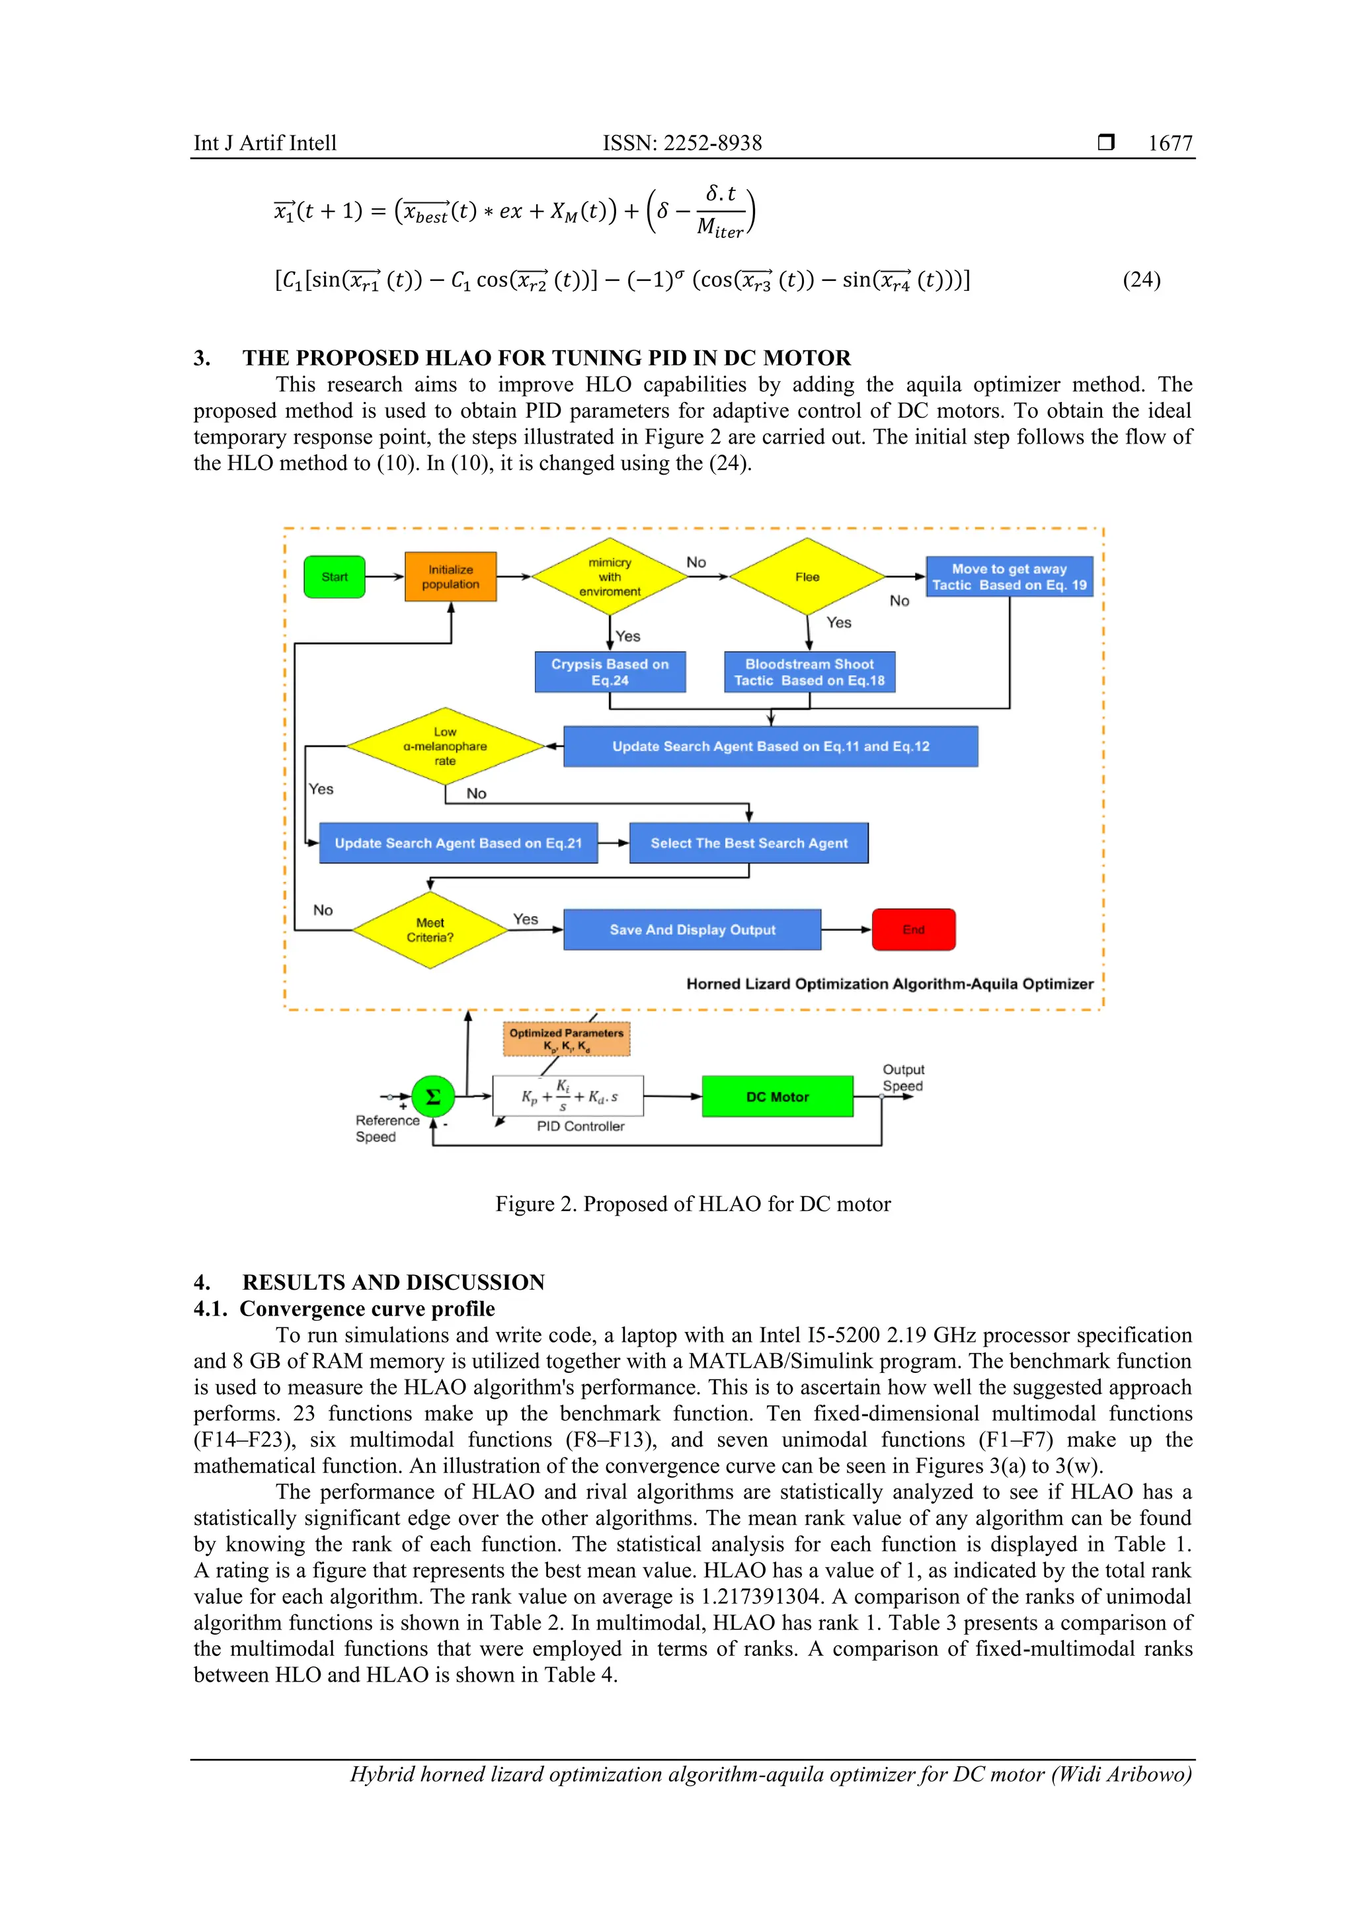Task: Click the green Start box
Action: tap(334, 577)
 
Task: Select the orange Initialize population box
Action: tap(450, 577)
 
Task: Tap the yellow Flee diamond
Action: tap(807, 577)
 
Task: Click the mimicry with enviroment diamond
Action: tap(610, 577)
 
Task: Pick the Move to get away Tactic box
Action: tap(1009, 577)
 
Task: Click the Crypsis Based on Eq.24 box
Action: tap(610, 672)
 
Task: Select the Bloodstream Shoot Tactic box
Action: tap(809, 672)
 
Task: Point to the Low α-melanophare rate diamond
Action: tap(446, 746)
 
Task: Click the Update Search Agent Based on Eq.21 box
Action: tap(458, 843)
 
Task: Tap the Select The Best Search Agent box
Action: tap(748, 843)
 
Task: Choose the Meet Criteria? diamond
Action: tap(430, 930)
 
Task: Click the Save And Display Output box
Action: tap(692, 930)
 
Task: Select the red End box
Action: tap(914, 930)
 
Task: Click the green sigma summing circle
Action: tap(433, 1097)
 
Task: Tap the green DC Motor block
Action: tap(777, 1097)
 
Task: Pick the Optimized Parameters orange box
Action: tap(567, 1039)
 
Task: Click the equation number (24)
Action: tap(1140, 280)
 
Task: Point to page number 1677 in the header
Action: tap(1170, 143)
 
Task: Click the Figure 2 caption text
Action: tap(692, 1204)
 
